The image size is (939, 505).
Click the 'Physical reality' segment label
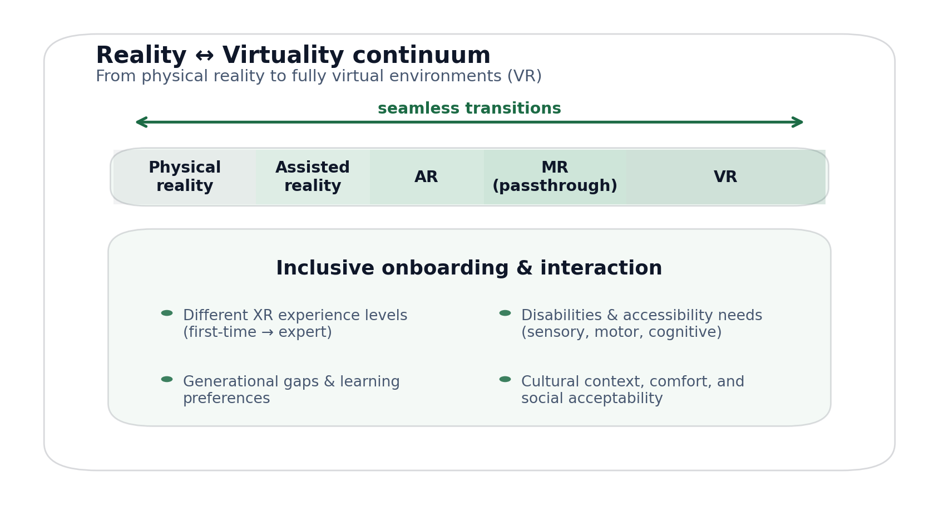click(x=185, y=177)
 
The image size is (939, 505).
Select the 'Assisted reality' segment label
click(x=313, y=177)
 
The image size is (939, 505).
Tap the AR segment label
click(x=426, y=177)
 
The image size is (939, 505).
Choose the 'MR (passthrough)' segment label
click(x=555, y=177)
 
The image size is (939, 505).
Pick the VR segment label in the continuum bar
click(x=725, y=177)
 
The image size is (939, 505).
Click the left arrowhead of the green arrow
click(x=139, y=122)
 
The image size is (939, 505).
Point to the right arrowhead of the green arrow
click(x=800, y=122)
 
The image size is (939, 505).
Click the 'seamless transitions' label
click(x=469, y=109)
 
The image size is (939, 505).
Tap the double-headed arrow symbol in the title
click(x=204, y=56)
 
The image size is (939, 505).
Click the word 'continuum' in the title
click(x=421, y=56)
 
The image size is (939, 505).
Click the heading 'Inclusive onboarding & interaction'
click(x=469, y=268)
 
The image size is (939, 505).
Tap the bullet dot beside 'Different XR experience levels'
click(x=167, y=313)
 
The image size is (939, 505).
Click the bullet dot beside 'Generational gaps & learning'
click(x=167, y=379)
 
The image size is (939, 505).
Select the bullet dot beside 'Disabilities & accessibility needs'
click(x=505, y=313)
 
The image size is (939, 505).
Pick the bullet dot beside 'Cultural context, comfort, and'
click(x=505, y=379)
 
